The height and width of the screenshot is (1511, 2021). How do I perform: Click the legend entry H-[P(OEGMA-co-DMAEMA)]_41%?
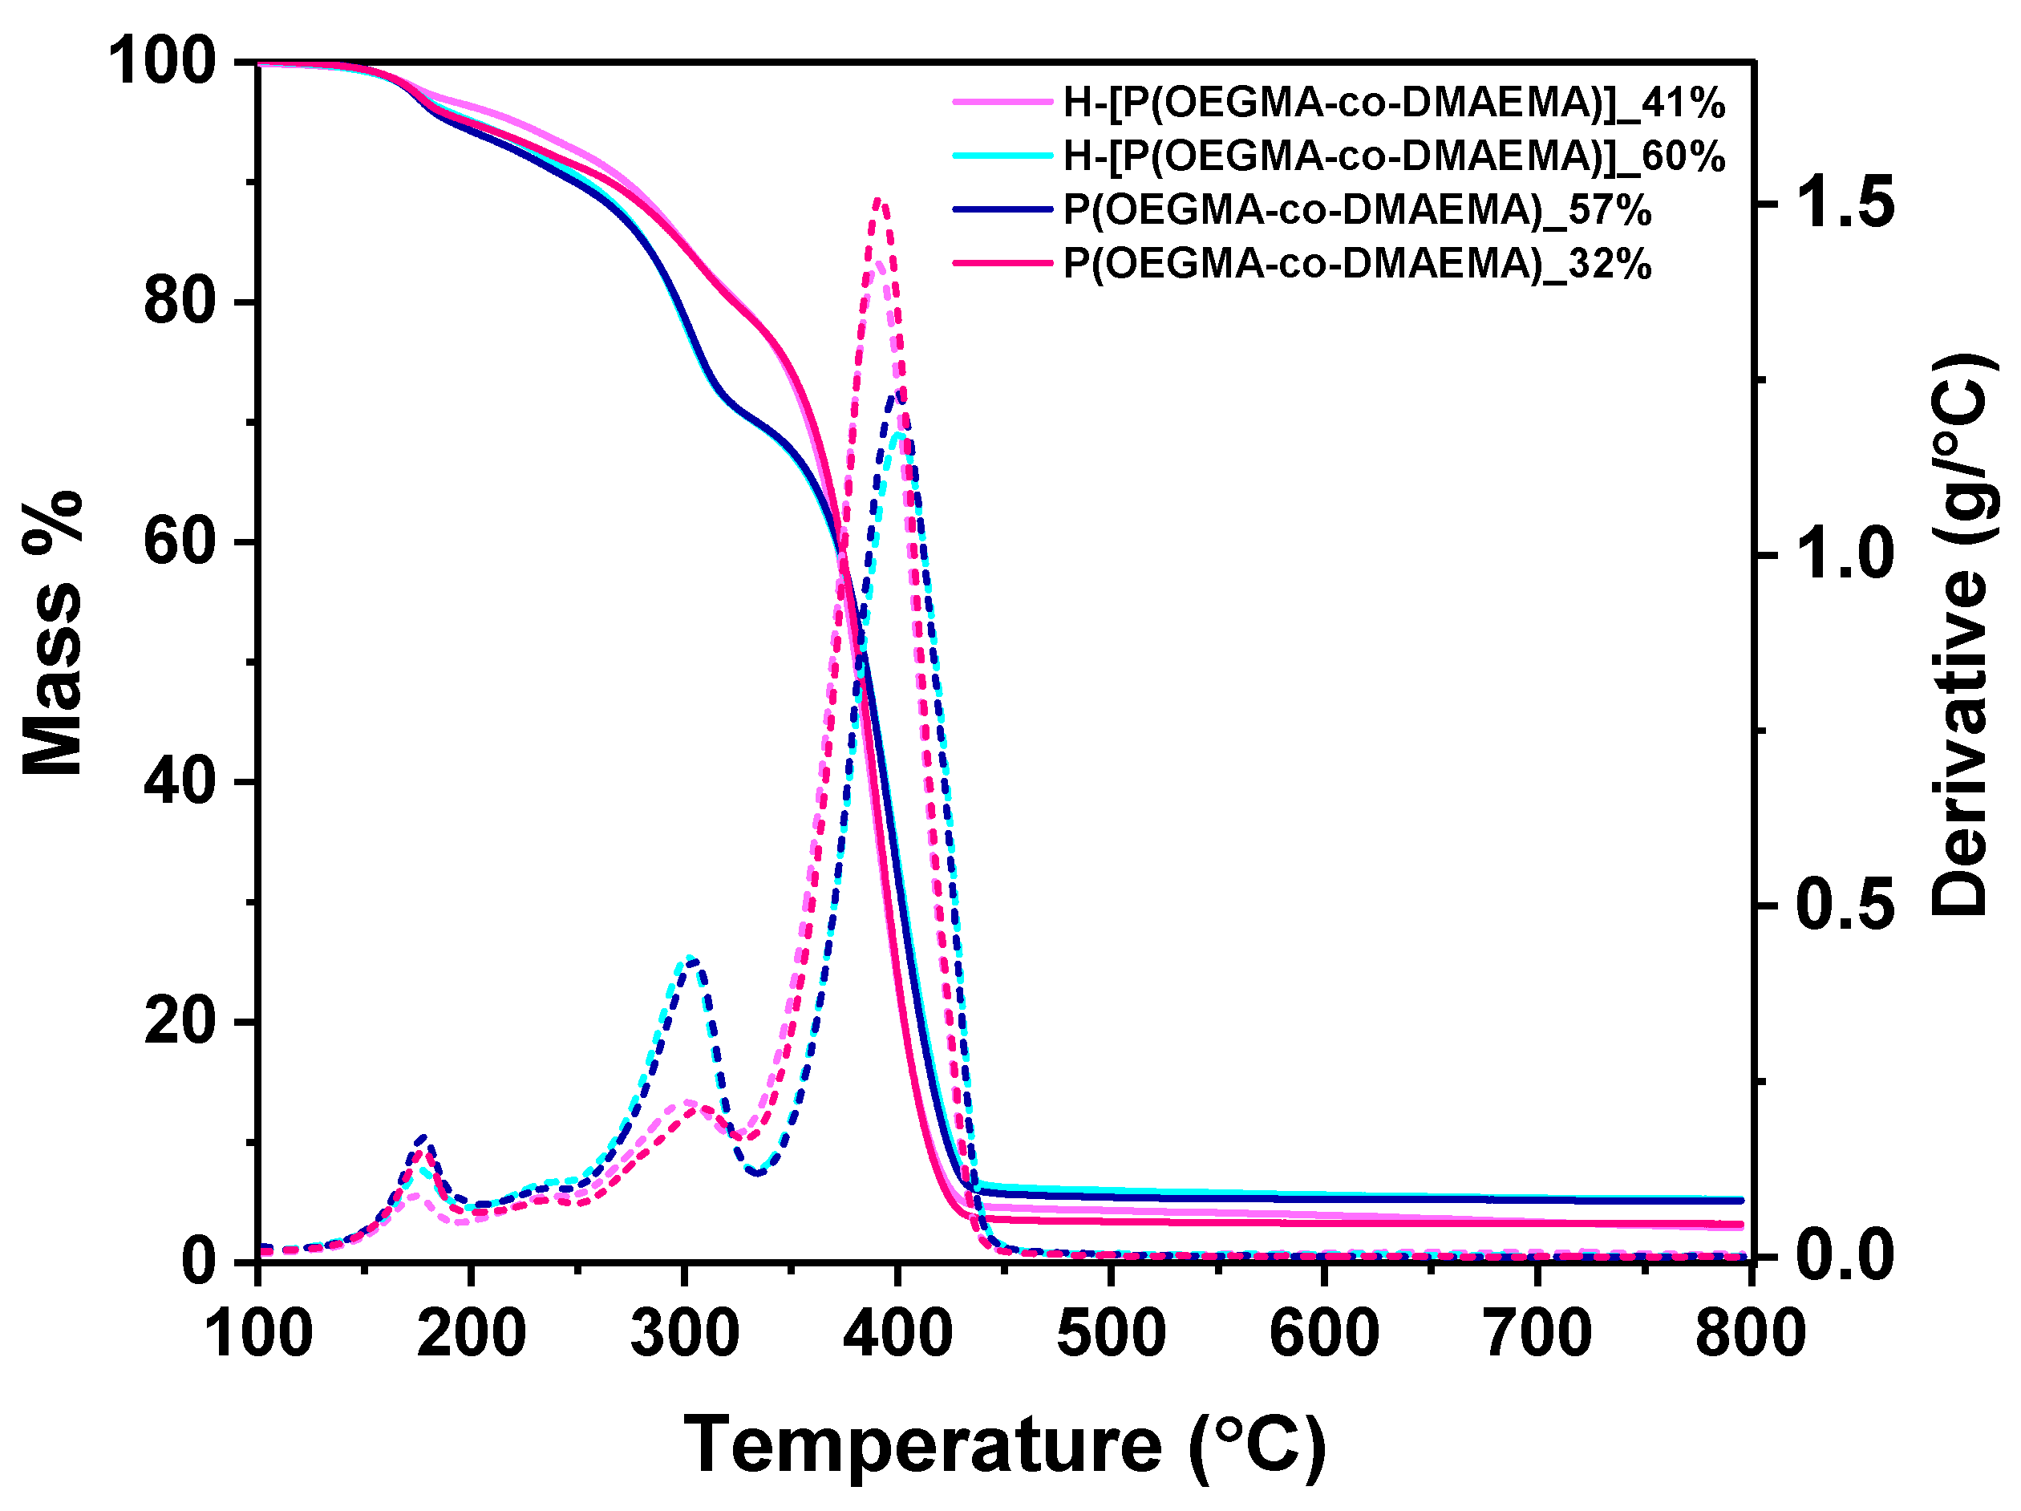(x=1392, y=103)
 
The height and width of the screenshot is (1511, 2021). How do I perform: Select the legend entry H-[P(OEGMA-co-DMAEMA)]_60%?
(x=1392, y=156)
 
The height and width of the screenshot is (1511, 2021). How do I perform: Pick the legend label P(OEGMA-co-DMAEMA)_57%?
(x=1356, y=210)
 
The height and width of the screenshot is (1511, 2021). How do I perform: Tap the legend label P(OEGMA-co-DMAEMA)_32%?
(x=1356, y=264)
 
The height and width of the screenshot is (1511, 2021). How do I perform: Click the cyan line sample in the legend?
(x=1002, y=156)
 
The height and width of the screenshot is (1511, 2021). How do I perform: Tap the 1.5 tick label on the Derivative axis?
(x=1845, y=203)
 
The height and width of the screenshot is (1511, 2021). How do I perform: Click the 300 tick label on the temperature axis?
(x=684, y=1333)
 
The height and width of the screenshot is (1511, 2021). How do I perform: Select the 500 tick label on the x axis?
(x=1111, y=1333)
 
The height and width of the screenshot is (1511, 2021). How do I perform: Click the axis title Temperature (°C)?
(x=1004, y=1445)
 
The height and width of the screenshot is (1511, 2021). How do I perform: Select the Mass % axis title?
(x=53, y=633)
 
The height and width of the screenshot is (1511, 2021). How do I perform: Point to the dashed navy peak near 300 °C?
(x=691, y=960)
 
